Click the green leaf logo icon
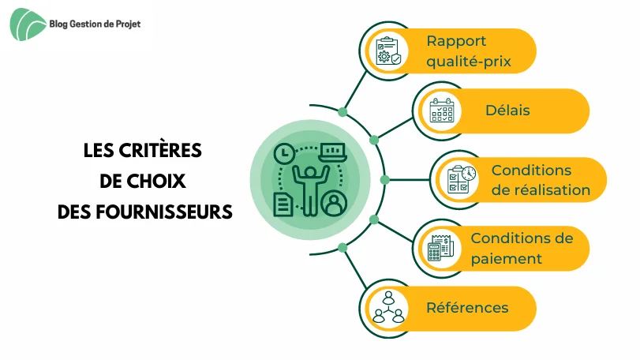[x=27, y=24]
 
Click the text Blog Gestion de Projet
[x=95, y=24]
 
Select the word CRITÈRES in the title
[x=160, y=150]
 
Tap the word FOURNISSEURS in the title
[x=164, y=212]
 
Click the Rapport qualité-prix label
[x=469, y=51]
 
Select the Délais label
[x=507, y=111]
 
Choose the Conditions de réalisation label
[x=541, y=180]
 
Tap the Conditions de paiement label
[x=522, y=248]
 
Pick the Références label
[x=467, y=307]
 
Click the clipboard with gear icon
[x=388, y=51]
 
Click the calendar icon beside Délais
[x=442, y=111]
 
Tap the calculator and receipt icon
[x=440, y=248]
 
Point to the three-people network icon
[x=388, y=307]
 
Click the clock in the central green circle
[x=284, y=154]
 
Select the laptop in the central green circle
[x=333, y=152]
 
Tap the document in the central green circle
[x=283, y=204]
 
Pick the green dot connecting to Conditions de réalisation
[x=384, y=179]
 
